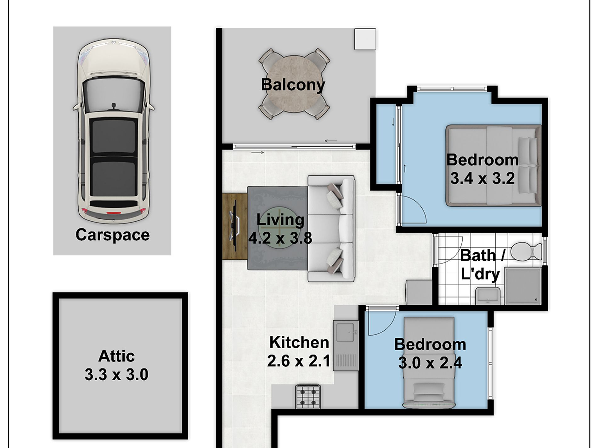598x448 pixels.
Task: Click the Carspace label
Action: [112, 235]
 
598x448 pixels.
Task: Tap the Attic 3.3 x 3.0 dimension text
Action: [116, 374]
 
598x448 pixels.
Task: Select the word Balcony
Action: [293, 85]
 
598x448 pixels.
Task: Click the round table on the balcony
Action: [294, 84]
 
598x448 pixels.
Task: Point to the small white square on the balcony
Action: [365, 39]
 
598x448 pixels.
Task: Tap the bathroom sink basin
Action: [488, 296]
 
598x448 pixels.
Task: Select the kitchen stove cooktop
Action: [308, 397]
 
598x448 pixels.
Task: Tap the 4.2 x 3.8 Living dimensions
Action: [280, 238]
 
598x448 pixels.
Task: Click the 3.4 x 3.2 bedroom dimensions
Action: [482, 178]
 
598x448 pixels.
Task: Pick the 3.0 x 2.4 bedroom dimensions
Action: [430, 363]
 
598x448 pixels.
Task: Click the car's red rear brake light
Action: [113, 213]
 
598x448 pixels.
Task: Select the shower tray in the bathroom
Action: [523, 286]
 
